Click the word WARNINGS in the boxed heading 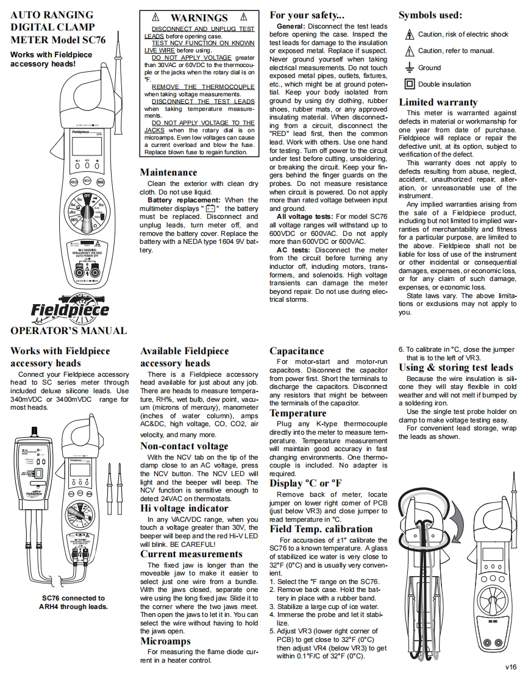point(199,18)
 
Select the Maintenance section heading point(169,173)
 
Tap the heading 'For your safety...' point(307,15)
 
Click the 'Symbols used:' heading point(430,15)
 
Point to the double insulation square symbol point(410,84)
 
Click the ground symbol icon point(410,68)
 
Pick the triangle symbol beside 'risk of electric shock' point(410,35)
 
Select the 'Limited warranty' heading point(439,102)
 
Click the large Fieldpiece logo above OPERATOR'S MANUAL point(70,308)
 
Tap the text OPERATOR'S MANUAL point(69,331)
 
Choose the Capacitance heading point(297,351)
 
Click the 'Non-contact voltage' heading point(184,446)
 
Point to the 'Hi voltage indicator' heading point(184,508)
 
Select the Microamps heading point(165,641)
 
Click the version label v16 point(511,667)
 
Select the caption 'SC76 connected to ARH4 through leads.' point(73,602)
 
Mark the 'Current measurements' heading point(191,554)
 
